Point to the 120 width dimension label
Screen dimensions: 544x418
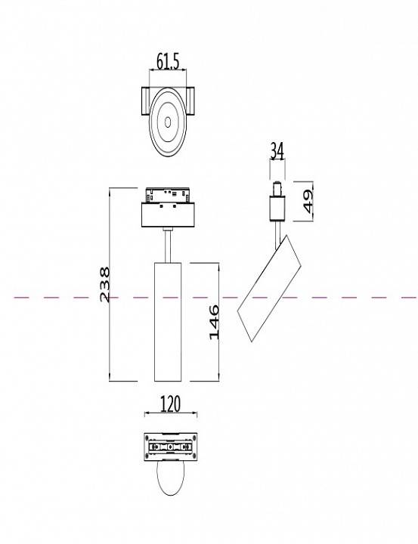pyautogui.click(x=170, y=405)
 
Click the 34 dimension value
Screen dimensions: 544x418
pyautogui.click(x=276, y=151)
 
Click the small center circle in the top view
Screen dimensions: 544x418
pyautogui.click(x=166, y=121)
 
